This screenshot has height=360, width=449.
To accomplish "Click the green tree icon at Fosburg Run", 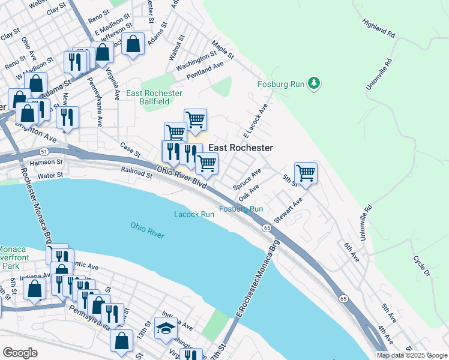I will point(313,83).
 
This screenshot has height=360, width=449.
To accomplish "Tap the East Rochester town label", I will point(240,148).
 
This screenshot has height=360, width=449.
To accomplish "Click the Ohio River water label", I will point(147,230).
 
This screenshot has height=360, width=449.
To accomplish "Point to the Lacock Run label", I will point(194,214).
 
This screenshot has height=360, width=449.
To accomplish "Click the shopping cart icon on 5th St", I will point(306,173).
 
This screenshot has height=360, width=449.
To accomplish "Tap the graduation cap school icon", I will point(166,328).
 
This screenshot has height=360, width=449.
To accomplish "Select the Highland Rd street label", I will point(378,28).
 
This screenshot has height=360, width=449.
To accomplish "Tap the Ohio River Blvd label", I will point(182,178).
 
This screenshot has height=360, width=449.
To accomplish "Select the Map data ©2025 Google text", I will point(412,355).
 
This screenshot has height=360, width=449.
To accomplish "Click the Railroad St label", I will point(137,173).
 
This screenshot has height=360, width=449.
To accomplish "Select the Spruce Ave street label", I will point(247,179).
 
